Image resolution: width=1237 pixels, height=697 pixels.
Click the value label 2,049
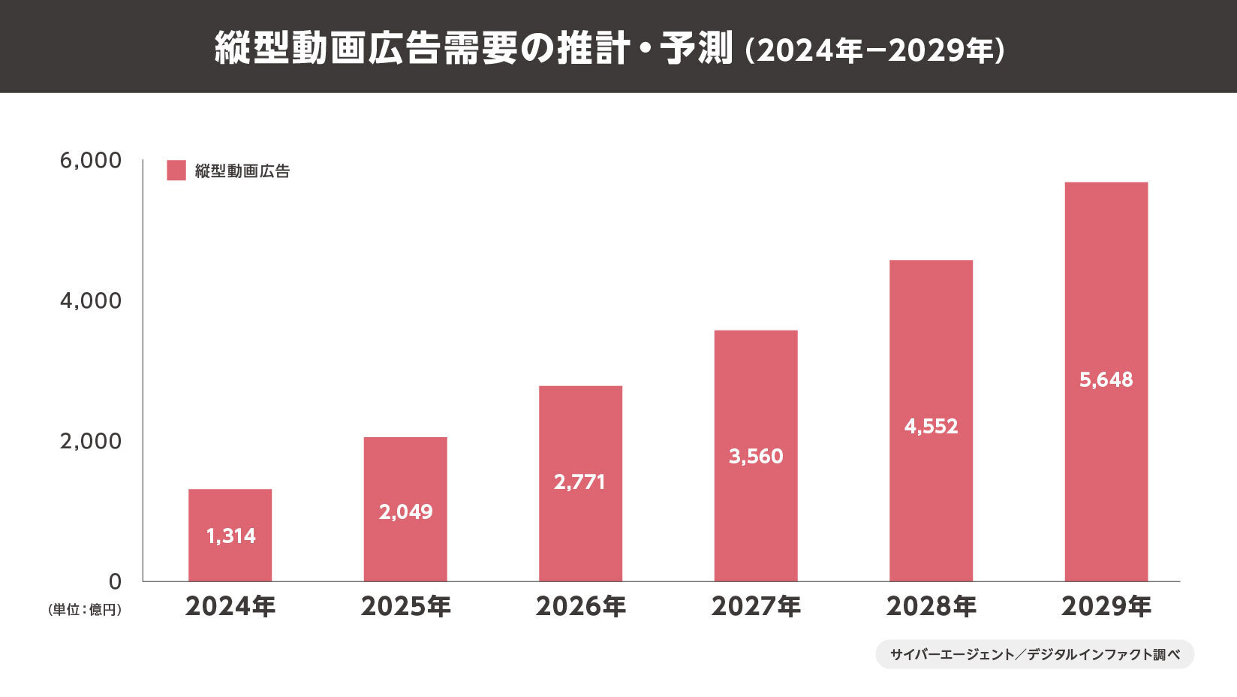click(405, 512)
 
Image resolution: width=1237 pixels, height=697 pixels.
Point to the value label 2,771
click(579, 482)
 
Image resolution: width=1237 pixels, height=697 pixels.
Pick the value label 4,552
click(931, 427)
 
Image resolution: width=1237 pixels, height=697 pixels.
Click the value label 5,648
click(1106, 380)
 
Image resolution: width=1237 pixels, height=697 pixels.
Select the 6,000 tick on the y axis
click(90, 161)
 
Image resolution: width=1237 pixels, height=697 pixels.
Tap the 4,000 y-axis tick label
click(90, 300)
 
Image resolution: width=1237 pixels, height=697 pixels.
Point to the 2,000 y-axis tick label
click(90, 441)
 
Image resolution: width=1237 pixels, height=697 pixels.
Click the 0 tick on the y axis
click(115, 581)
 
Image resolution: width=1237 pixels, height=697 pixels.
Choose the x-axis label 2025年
click(405, 606)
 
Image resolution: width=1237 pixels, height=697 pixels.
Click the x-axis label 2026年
click(580, 606)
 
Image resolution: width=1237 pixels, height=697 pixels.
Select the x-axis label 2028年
click(931, 606)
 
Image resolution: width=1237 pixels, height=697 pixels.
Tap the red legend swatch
click(176, 170)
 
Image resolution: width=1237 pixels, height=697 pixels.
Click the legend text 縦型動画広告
click(242, 171)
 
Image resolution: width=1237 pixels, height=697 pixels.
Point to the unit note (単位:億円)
click(84, 610)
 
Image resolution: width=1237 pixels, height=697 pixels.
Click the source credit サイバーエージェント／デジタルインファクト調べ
click(1034, 654)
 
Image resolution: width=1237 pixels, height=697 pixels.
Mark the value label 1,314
click(230, 536)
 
